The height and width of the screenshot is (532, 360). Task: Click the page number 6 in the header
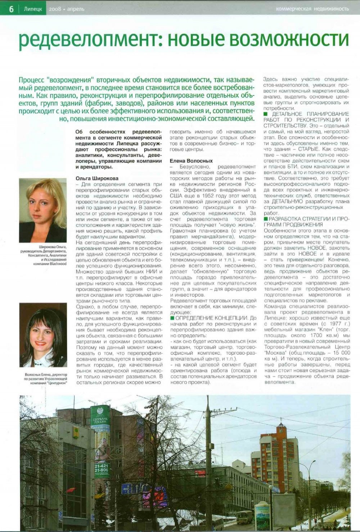pyautogui.click(x=11, y=9)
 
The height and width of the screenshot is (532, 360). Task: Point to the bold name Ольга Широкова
pyautogui.click(x=97, y=178)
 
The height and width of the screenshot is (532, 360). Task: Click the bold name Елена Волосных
pyautogui.click(x=191, y=161)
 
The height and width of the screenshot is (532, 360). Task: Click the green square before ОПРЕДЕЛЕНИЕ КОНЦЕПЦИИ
pyautogui.click(x=172, y=318)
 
